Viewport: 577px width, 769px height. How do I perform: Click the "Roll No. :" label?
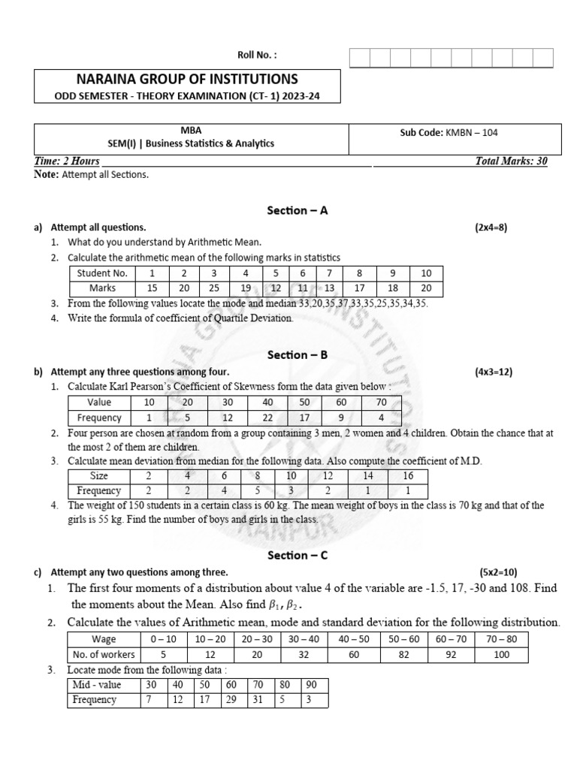coord(257,54)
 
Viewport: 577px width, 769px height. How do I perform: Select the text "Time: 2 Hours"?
coord(67,161)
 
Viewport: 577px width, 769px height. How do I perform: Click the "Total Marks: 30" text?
coord(511,161)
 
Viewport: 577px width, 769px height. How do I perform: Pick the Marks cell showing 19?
coord(245,288)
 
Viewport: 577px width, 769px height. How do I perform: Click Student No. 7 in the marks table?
coord(329,273)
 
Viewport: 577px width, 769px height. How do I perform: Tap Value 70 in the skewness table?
coord(381,403)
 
